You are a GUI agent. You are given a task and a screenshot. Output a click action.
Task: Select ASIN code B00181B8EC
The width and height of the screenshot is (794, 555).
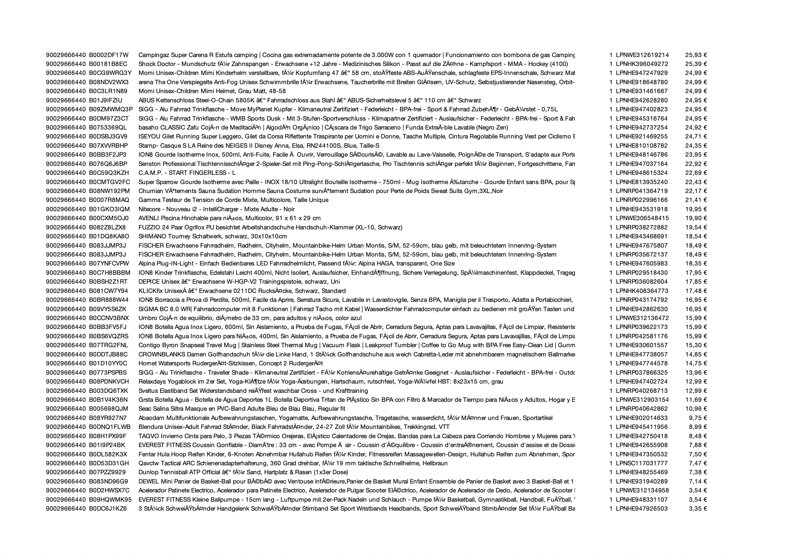(108, 64)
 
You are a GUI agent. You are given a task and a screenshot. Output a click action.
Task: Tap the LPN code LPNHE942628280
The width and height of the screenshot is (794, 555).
(642, 101)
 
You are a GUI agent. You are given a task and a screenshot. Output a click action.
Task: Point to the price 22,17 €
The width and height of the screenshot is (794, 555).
(696, 191)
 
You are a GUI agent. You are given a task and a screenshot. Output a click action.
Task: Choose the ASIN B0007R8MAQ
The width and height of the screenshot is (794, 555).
(109, 200)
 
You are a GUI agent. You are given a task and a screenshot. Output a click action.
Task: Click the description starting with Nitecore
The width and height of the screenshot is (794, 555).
(217, 209)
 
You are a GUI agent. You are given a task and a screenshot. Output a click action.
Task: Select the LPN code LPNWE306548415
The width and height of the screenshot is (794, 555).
(642, 218)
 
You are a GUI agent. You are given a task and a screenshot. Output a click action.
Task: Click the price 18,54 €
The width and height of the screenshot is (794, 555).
(696, 236)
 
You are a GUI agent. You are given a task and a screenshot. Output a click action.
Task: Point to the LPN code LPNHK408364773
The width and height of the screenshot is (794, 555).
(642, 291)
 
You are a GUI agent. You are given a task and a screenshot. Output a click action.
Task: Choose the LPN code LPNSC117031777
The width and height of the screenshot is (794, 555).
(642, 463)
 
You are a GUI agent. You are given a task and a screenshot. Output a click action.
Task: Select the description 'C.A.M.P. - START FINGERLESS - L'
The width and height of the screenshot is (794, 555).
(187, 173)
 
